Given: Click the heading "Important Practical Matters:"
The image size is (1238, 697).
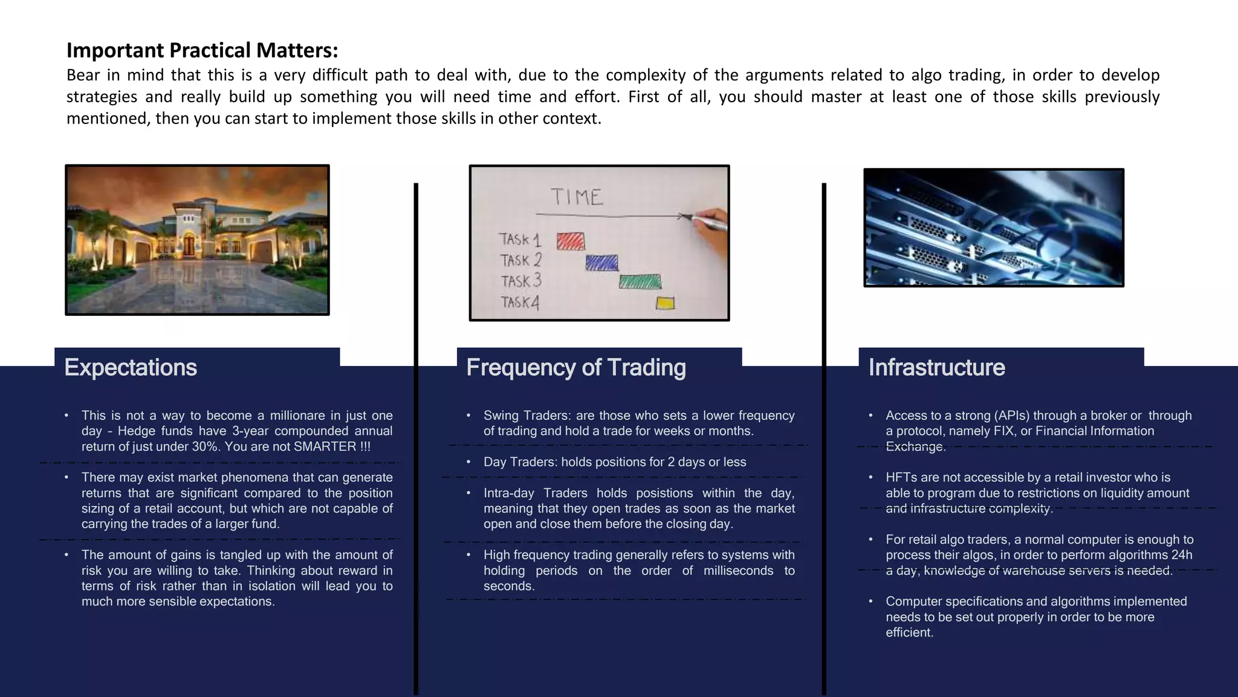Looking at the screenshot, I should (x=202, y=50).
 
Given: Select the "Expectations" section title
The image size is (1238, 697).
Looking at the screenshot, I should (x=131, y=368).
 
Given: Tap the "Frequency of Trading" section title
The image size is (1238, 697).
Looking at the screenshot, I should (x=576, y=368).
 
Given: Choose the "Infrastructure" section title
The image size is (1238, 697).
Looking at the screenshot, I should (x=936, y=368).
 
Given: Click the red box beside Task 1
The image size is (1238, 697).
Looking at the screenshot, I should (x=570, y=241).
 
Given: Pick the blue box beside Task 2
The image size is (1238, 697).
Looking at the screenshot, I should (x=601, y=262).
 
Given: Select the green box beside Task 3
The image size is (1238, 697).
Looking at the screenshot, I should (x=640, y=281).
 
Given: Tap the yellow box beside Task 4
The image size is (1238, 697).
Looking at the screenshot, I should (x=665, y=303).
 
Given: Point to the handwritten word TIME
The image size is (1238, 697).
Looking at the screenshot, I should (x=577, y=197).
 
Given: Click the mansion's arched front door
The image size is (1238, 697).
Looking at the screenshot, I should (x=190, y=244).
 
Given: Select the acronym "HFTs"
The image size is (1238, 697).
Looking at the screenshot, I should (x=901, y=477).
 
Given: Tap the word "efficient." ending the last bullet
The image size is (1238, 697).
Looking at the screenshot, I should (x=909, y=632).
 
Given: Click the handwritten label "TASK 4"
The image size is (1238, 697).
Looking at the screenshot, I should (x=519, y=301).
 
